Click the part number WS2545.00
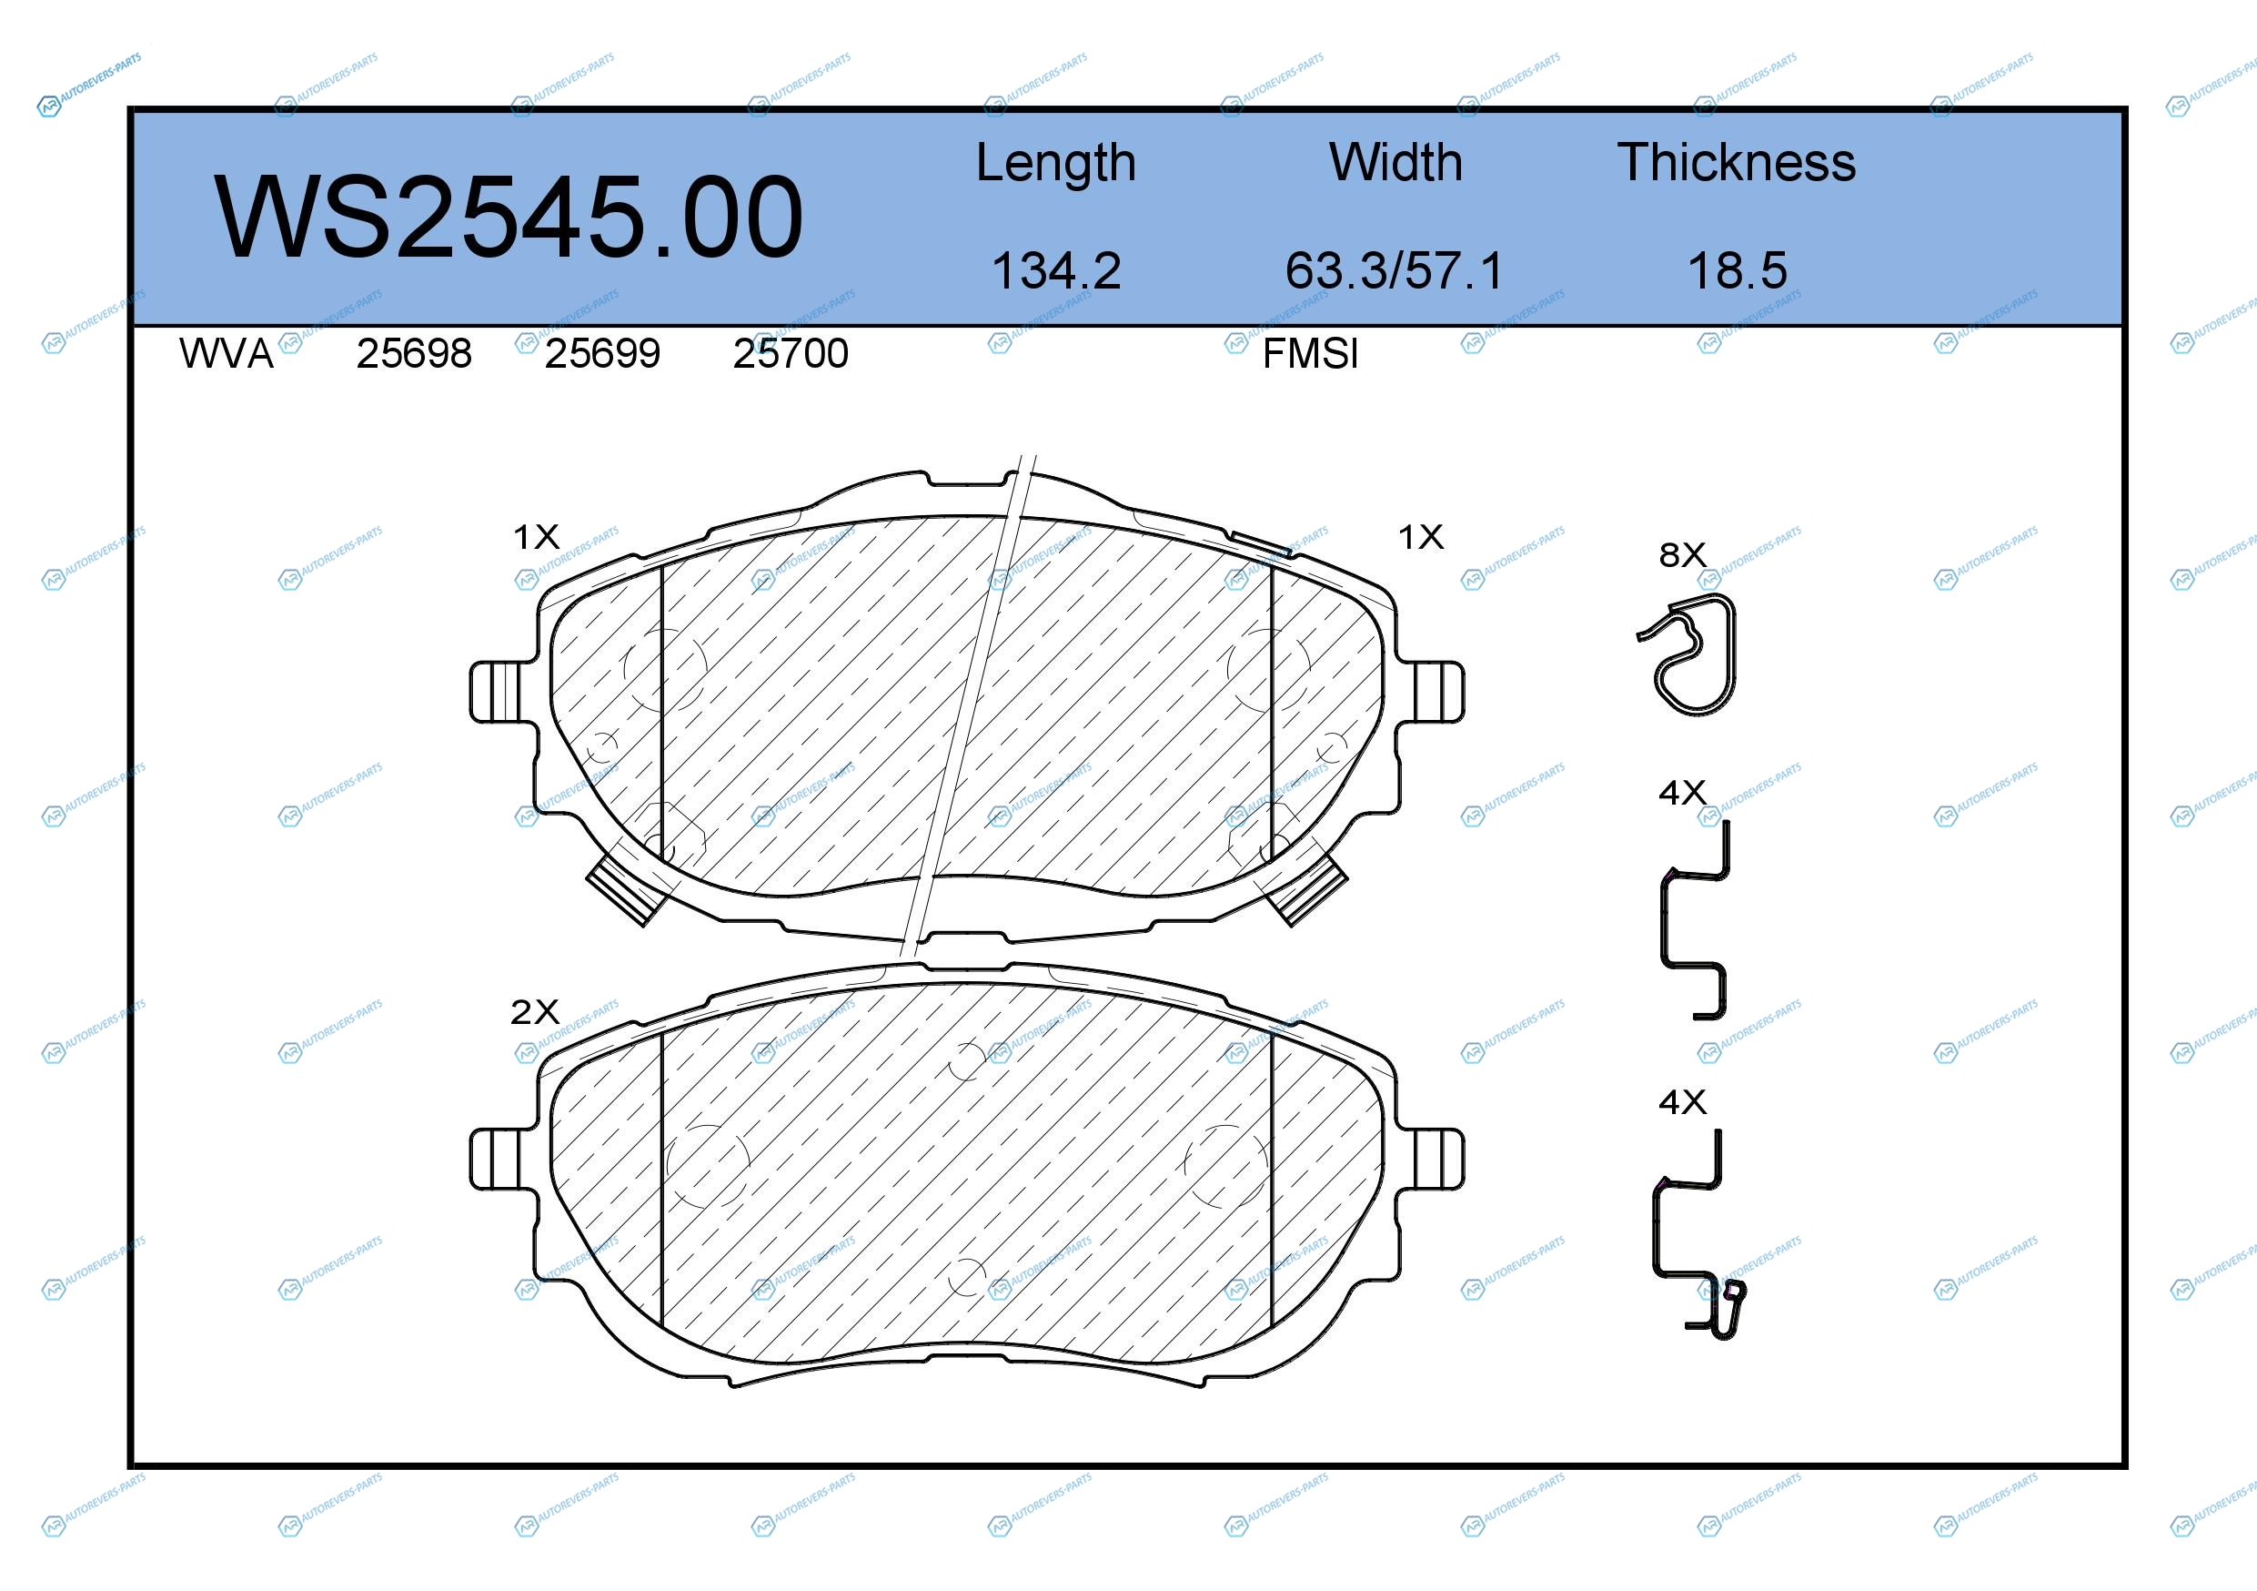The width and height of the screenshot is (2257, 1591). coord(509,217)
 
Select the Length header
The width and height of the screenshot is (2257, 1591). coord(1056,163)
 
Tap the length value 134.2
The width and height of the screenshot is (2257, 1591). coord(1056,270)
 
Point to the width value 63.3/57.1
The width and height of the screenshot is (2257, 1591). coord(1395,270)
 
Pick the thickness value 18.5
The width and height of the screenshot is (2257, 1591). coord(1737,270)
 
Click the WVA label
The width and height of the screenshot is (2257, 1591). coord(227,354)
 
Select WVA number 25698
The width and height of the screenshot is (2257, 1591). coord(414,354)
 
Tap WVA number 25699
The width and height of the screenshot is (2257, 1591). coord(602,354)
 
